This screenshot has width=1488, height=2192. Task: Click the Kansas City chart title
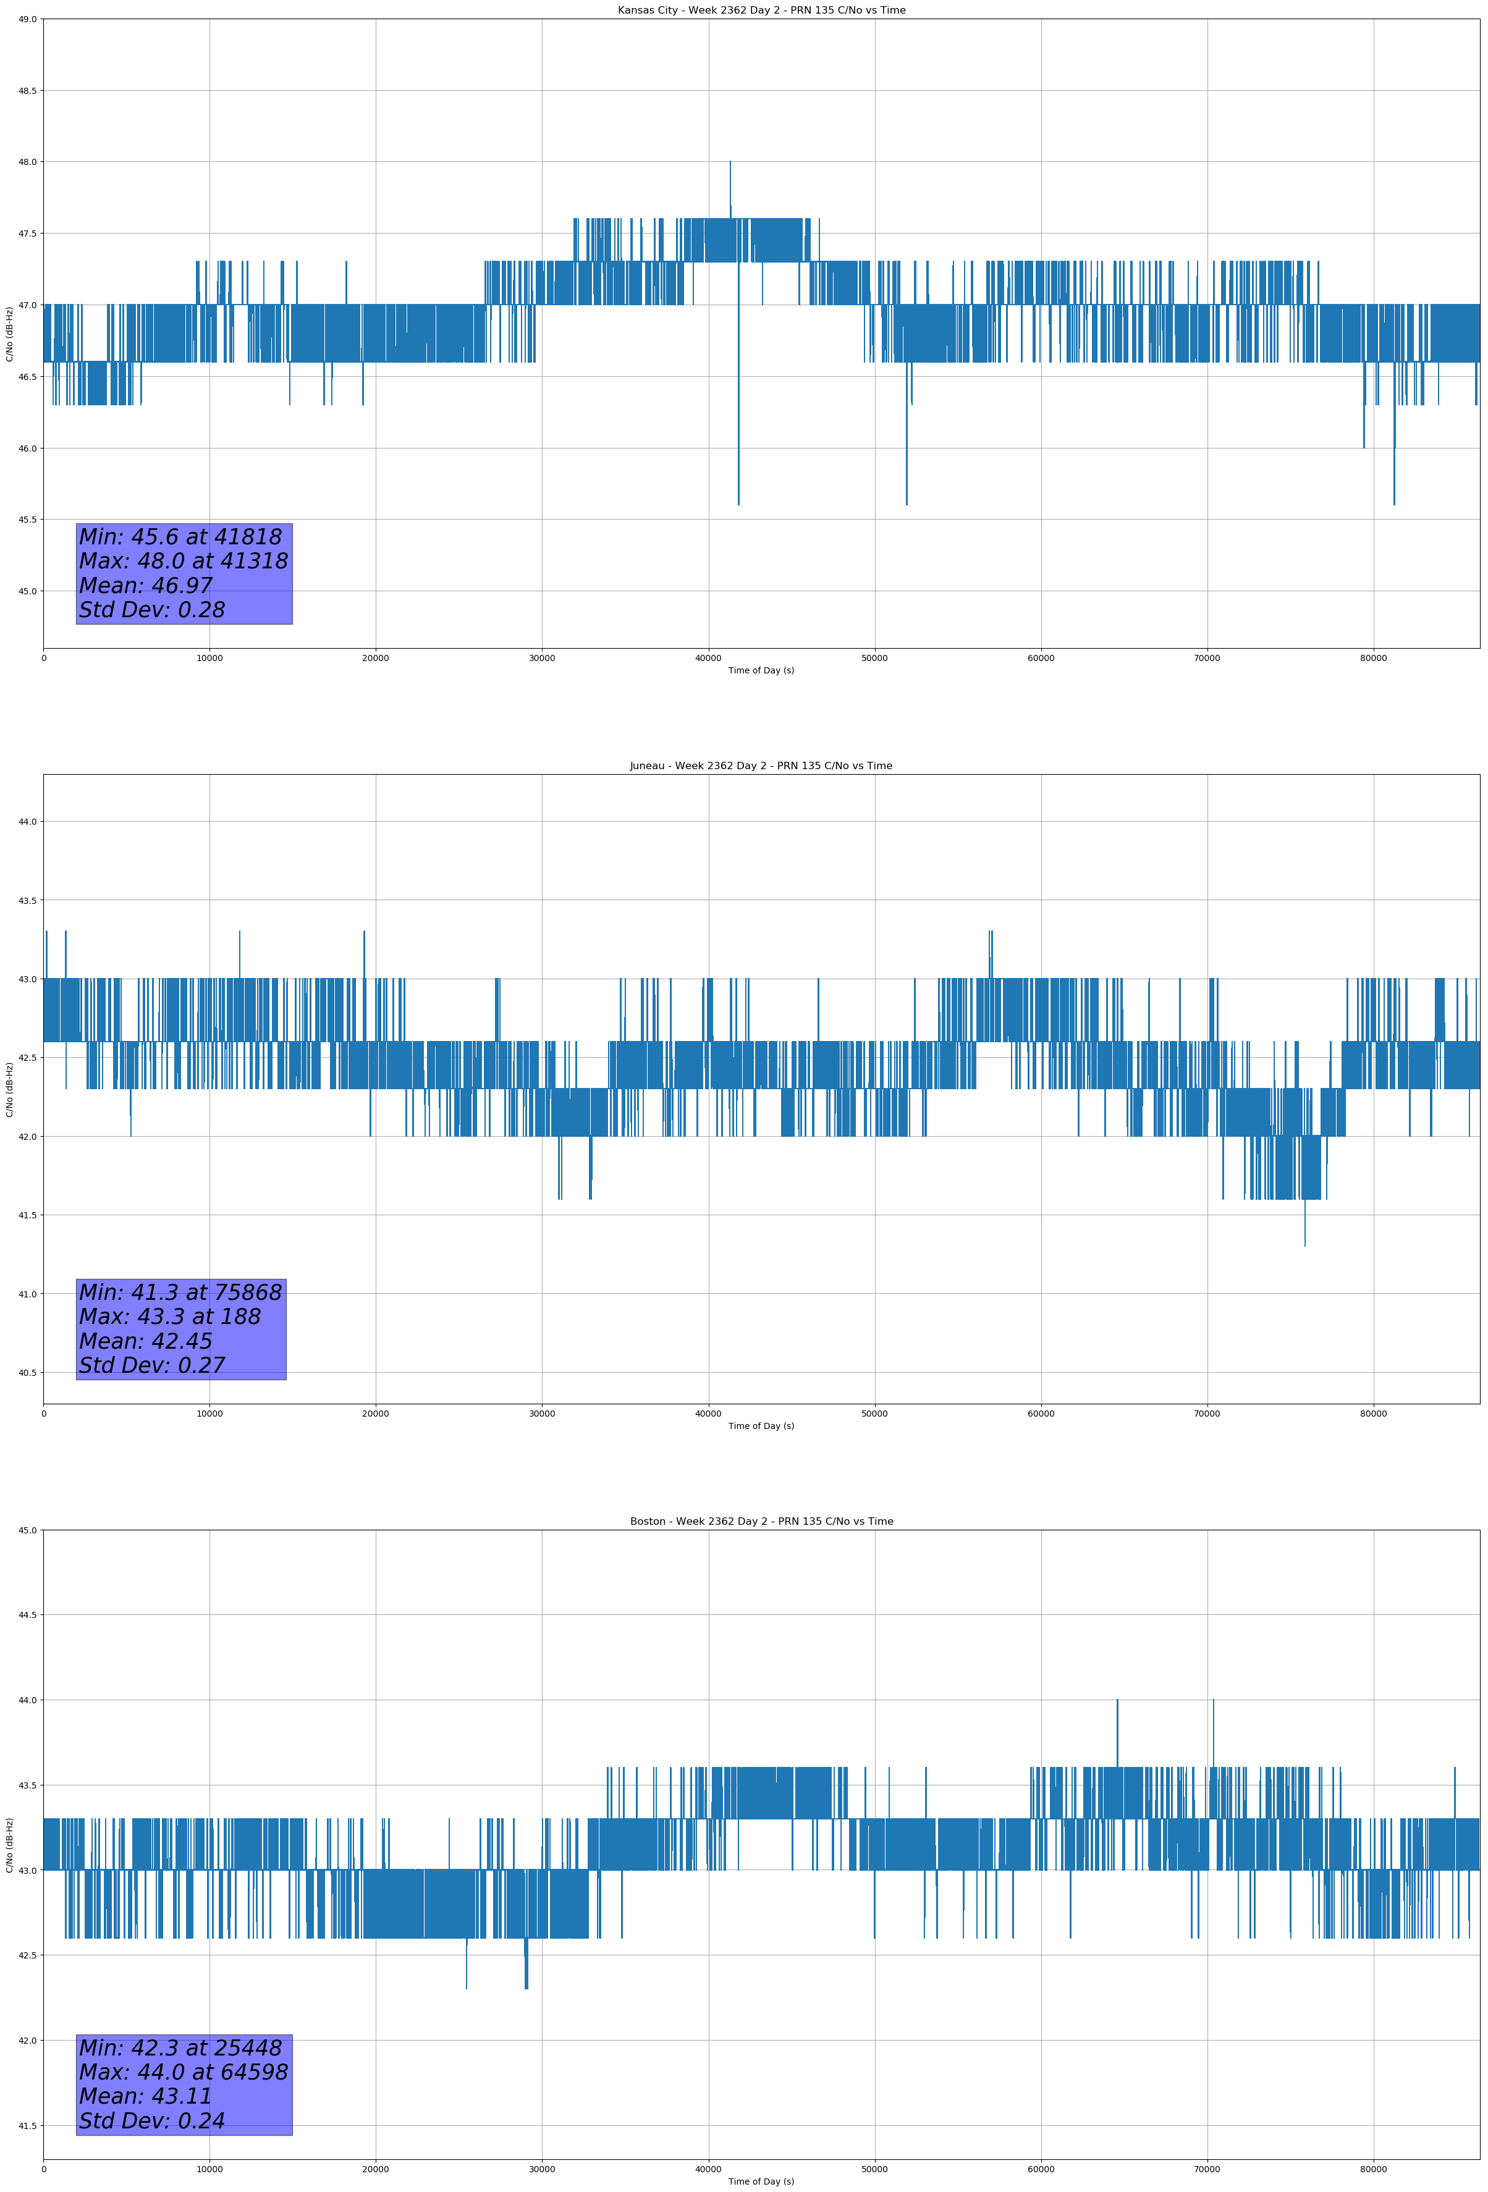761,11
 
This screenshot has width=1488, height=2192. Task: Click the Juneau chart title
761,766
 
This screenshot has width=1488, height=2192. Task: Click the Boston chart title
761,1522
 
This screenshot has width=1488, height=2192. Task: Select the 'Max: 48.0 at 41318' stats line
183,561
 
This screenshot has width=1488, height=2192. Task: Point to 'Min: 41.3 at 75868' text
180,1292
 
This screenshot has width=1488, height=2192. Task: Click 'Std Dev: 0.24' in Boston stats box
152,2120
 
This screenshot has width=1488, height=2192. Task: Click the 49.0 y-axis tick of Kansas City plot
27,19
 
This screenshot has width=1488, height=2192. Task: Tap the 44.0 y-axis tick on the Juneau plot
27,822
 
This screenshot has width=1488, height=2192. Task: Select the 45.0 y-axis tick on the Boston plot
27,1530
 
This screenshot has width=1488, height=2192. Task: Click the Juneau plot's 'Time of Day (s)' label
761,1426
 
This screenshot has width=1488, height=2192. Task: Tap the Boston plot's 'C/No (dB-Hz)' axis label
9,1845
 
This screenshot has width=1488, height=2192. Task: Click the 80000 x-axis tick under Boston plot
1373,2169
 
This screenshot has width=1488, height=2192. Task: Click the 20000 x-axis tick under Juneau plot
376,1414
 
